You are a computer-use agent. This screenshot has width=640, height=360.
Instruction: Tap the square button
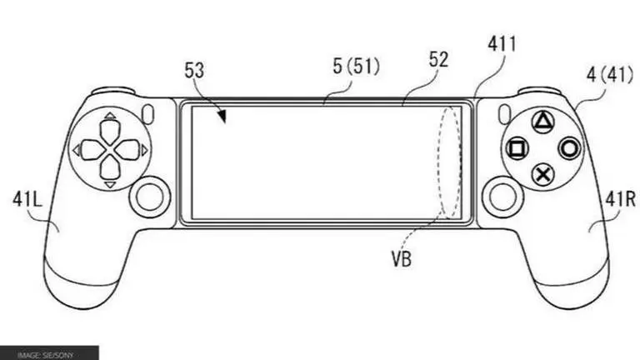(517, 150)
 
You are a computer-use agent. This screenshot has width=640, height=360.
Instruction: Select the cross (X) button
(543, 175)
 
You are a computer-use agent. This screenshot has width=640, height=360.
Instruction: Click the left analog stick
(149, 197)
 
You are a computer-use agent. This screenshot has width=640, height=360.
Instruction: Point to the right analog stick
(502, 197)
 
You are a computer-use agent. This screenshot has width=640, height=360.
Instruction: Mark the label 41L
(27, 197)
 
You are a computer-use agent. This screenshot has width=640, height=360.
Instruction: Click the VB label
(399, 259)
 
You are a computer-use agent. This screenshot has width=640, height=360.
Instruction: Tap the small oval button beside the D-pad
(149, 112)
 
